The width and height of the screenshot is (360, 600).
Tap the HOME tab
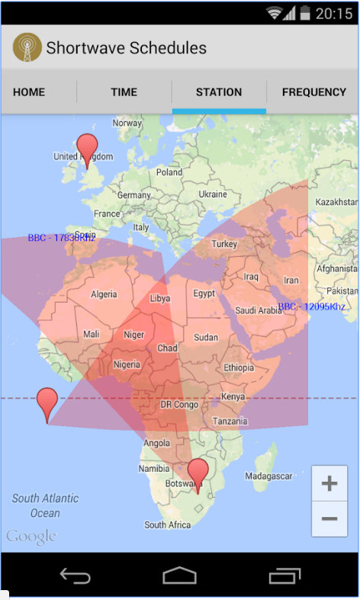coord(29,92)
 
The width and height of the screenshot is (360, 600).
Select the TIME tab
coord(124,92)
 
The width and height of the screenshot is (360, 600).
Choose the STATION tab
coord(219,92)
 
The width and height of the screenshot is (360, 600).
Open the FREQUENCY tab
coord(313,92)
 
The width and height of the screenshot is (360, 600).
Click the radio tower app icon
coord(27,47)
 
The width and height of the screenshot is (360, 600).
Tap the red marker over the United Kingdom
coord(88,148)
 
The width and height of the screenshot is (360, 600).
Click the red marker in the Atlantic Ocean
coord(47,402)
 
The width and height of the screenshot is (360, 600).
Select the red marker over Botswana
coord(198,473)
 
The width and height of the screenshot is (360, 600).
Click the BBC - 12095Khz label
coord(311,306)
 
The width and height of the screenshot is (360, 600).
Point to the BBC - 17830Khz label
coord(62,238)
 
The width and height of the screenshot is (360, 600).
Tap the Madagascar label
coord(268,476)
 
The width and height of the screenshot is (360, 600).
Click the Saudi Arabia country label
coord(258,310)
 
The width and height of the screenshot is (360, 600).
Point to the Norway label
coord(127,123)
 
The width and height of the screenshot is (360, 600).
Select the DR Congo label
coord(179,404)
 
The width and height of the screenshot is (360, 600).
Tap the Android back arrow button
coord(75,576)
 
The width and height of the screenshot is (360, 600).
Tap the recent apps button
coord(284,576)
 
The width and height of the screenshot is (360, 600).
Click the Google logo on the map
coord(31,537)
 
